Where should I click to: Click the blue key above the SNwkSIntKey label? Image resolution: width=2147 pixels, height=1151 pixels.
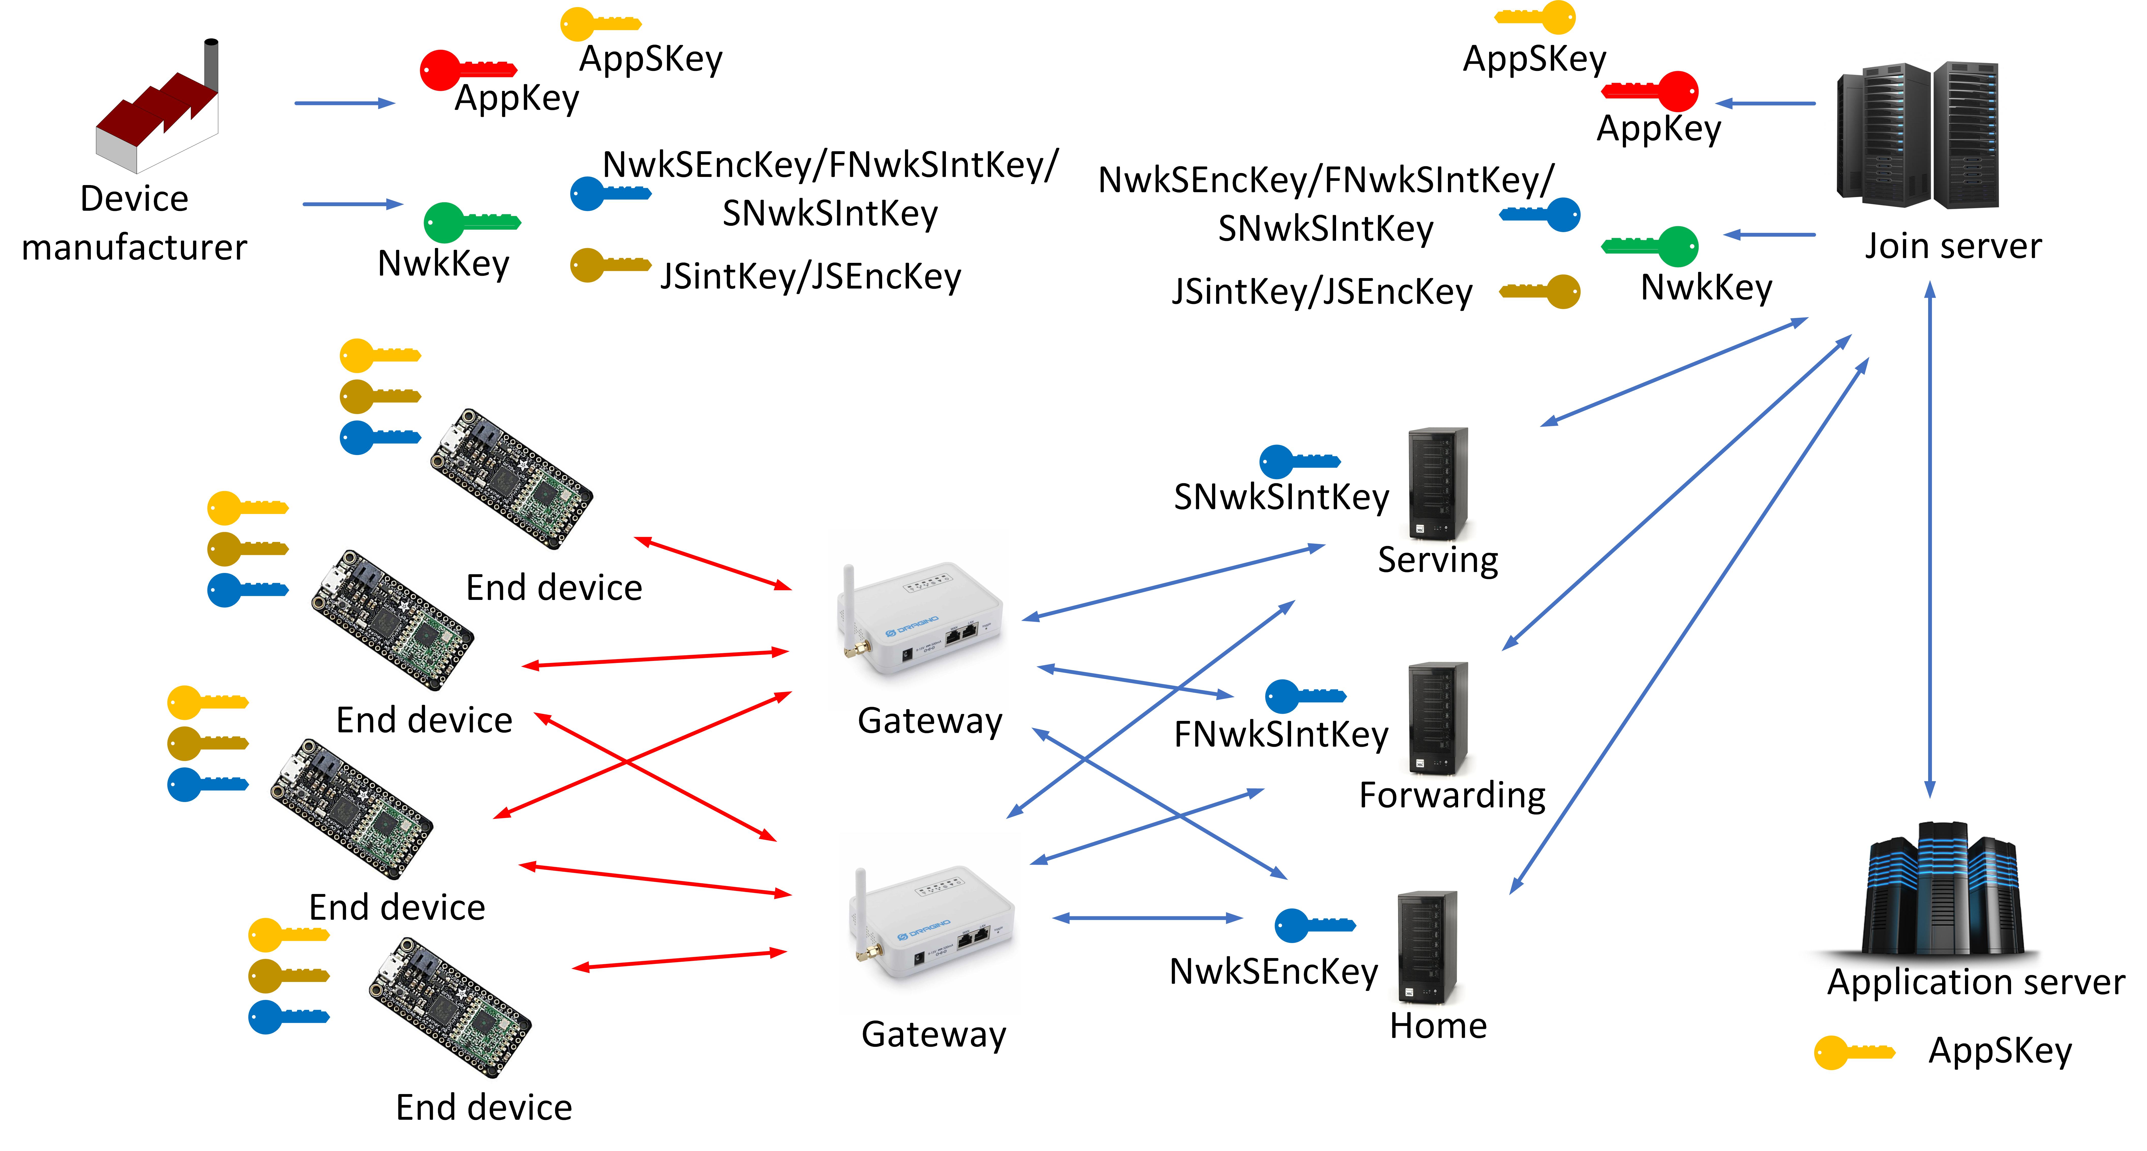point(1298,461)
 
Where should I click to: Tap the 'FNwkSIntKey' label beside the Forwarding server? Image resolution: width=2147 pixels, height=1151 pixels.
point(1281,734)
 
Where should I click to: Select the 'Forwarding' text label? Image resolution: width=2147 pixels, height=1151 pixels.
point(1452,795)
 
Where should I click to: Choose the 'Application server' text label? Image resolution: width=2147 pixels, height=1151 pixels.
point(1975,982)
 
